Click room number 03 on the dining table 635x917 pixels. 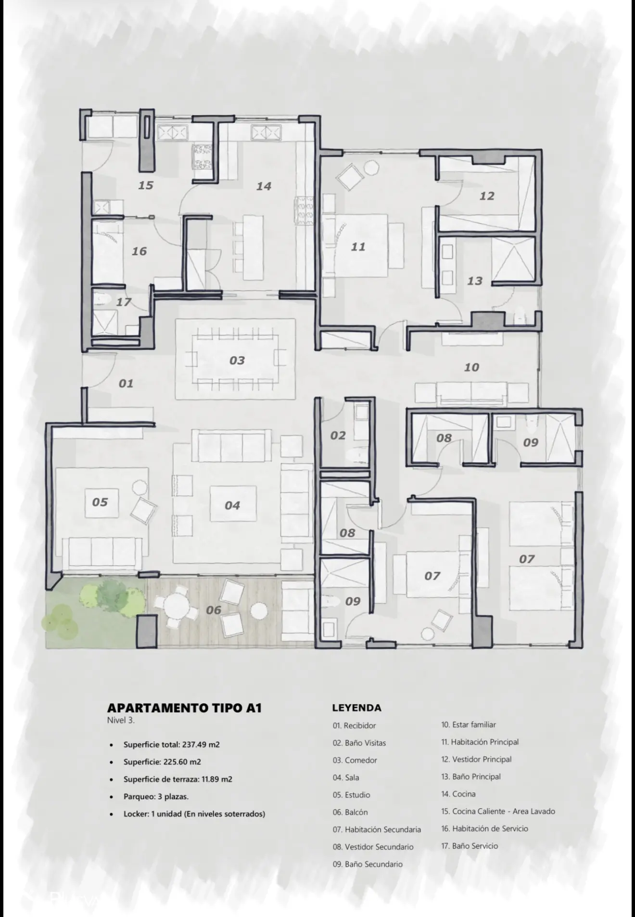tap(237, 361)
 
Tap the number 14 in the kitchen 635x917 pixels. tap(264, 186)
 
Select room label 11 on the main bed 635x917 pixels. tap(358, 247)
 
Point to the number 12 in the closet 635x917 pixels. tap(487, 196)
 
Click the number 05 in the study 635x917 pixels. tap(100, 502)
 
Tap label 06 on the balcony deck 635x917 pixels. tap(214, 610)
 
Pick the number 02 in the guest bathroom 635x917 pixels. tap(338, 436)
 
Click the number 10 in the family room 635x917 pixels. tap(471, 367)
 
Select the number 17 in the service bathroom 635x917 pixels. tap(124, 302)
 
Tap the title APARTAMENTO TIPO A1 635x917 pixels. tap(184, 708)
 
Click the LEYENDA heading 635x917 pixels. tap(356, 708)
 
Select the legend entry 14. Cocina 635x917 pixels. tap(458, 794)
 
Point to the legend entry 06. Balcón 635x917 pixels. tap(350, 812)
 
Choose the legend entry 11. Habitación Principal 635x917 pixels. tap(480, 742)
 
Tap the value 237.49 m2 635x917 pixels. tap(201, 745)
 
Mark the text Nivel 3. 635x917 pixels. tap(121, 721)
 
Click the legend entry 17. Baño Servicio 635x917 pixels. tap(470, 846)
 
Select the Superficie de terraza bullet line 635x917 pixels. tap(178, 779)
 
